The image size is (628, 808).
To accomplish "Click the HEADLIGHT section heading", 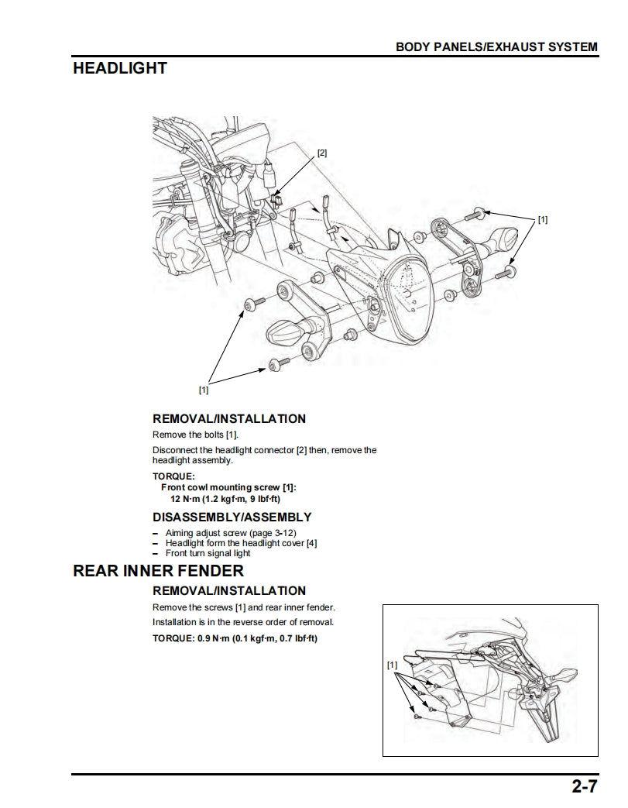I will (119, 68).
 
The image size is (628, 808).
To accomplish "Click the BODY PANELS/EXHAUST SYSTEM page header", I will (496, 46).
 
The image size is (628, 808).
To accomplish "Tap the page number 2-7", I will (585, 788).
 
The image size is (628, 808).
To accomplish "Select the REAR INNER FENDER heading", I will (158, 571).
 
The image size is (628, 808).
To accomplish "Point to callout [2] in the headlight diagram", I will (322, 153).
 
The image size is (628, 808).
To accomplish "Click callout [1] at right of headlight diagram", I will (543, 220).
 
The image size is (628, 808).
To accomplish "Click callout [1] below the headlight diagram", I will (204, 390).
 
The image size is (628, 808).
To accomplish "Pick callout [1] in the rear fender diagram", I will (392, 665).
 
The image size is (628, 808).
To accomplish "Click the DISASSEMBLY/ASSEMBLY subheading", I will (232, 517).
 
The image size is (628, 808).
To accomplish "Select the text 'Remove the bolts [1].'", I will (195, 435).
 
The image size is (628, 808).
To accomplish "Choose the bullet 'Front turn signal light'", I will (208, 553).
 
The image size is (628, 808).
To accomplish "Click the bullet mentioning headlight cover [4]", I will (241, 543).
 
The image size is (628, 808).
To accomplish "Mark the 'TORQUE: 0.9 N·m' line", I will (235, 638).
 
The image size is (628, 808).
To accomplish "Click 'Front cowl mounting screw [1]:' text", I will (228, 487).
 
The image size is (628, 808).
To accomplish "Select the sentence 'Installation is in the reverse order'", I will (243, 622).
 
